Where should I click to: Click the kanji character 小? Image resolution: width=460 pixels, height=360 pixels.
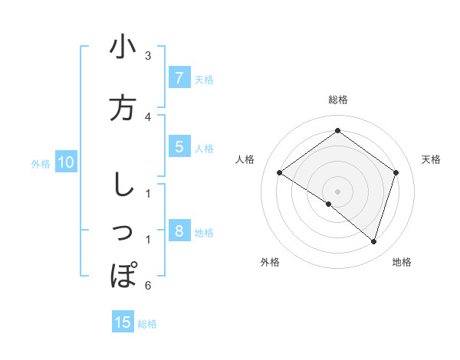[123, 47]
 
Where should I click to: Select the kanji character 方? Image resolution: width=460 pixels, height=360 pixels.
[123, 108]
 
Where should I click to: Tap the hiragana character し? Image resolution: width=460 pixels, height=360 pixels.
[122, 185]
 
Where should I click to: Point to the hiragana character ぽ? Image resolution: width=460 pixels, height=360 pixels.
[123, 275]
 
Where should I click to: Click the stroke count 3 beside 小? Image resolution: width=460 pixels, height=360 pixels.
[148, 56]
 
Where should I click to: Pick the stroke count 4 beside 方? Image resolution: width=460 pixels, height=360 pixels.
[148, 116]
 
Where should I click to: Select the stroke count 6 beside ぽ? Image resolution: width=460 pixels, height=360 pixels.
[148, 286]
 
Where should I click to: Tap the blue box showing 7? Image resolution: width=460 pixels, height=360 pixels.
[179, 77]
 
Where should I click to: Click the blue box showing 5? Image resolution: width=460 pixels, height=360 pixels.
[179, 147]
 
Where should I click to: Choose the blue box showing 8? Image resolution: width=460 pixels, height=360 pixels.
[179, 231]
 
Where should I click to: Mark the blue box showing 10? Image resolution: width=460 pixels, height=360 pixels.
[66, 162]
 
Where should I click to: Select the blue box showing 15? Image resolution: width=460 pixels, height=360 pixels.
[123, 322]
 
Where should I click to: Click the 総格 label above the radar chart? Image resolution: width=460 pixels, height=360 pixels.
[337, 100]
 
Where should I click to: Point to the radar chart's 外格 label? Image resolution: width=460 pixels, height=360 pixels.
[270, 262]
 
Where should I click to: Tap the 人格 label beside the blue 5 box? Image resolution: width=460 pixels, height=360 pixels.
[204, 148]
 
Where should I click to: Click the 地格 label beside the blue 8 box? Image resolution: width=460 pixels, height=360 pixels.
[204, 232]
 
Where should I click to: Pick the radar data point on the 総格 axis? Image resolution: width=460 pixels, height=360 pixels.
[337, 131]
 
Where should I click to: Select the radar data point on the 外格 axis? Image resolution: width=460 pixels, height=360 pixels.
[329, 204]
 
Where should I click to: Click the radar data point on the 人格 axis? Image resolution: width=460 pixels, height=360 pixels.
[280, 172]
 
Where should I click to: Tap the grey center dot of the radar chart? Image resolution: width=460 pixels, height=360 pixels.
[337, 191]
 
